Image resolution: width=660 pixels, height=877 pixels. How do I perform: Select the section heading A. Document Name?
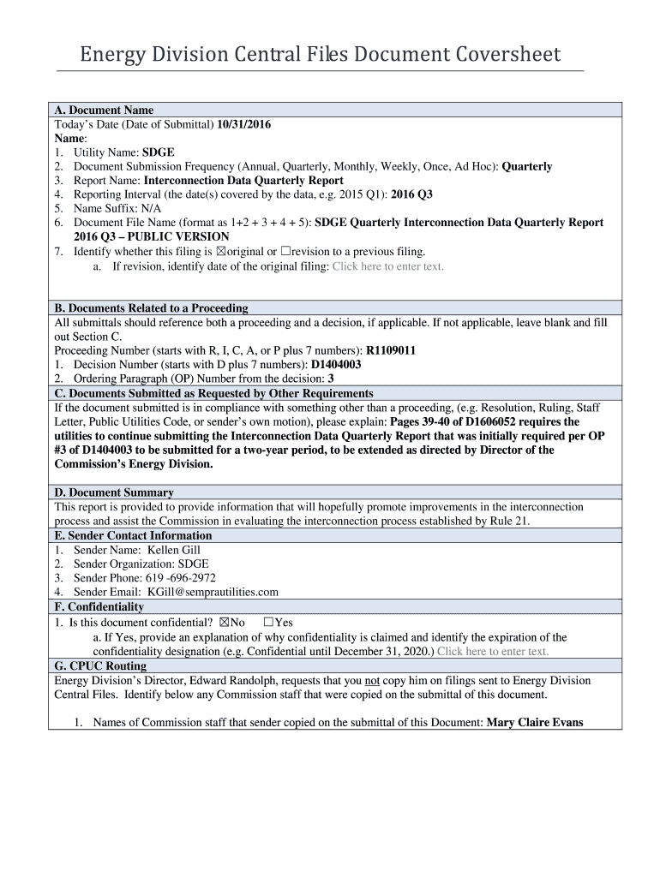click(104, 110)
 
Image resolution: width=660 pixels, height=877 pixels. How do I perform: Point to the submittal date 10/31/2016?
click(243, 124)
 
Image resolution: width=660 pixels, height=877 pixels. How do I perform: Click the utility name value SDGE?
click(158, 152)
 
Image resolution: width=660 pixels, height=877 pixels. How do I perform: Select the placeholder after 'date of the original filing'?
click(387, 266)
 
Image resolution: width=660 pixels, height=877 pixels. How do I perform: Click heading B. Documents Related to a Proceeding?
click(151, 308)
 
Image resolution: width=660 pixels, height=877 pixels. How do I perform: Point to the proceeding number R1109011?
click(391, 350)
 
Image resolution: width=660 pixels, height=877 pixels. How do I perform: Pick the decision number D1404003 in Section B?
click(335, 364)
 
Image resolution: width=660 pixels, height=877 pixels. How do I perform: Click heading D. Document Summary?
click(114, 492)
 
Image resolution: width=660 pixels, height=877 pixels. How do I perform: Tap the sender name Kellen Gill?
click(174, 550)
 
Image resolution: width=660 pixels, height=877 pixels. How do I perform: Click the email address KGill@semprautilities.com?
click(213, 592)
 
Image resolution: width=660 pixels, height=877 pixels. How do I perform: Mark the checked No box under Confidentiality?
click(225, 623)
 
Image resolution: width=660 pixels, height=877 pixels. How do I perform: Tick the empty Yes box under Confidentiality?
click(268, 623)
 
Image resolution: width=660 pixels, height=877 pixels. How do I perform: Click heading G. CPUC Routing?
click(100, 665)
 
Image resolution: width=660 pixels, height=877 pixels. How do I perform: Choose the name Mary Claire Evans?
click(535, 722)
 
